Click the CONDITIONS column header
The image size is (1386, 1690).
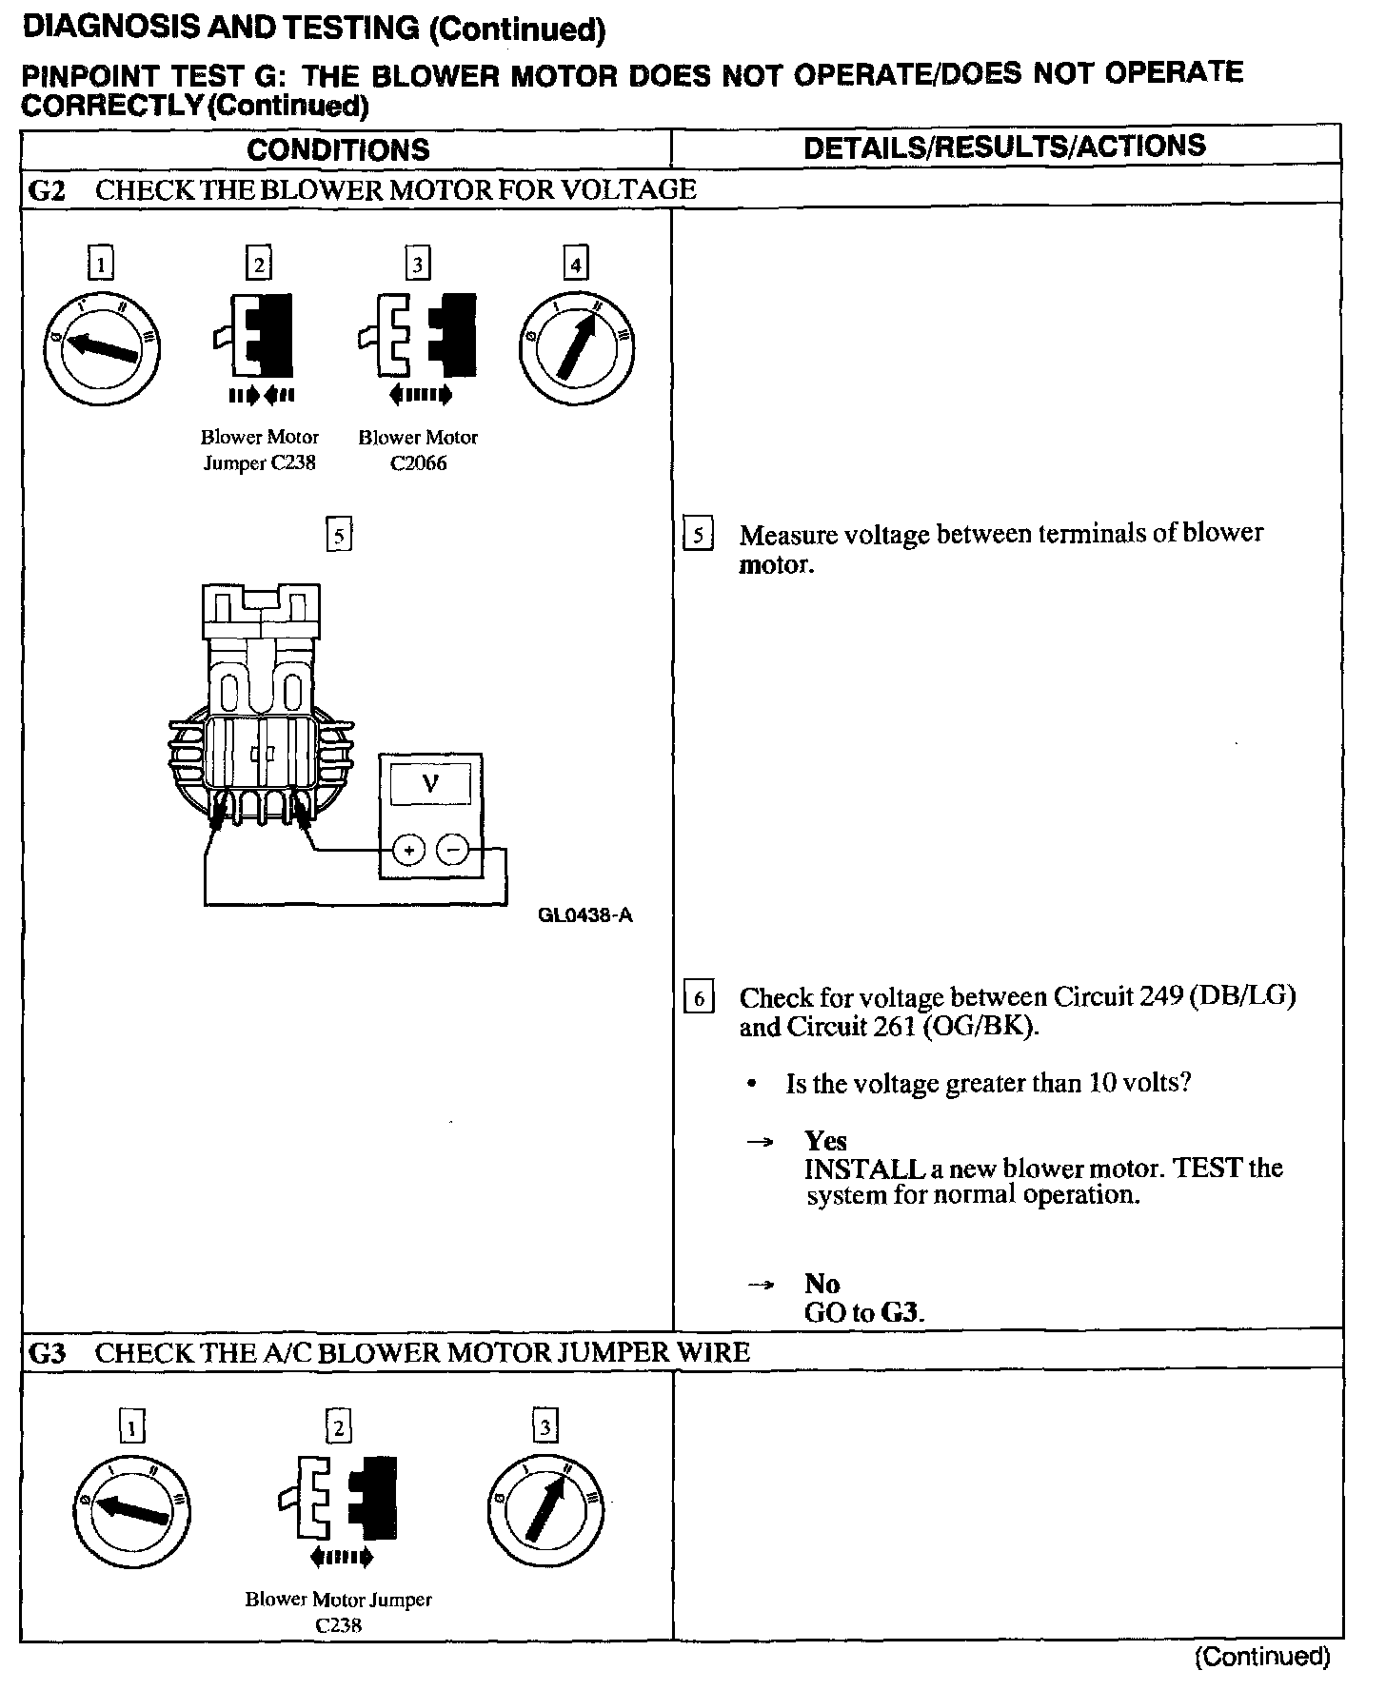[338, 149]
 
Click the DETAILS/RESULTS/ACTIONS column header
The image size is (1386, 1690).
[1004, 147]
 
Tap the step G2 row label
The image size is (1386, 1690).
[47, 189]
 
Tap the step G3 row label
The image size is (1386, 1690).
[47, 1352]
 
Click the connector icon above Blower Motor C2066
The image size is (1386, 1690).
[418, 336]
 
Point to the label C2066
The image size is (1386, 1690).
[418, 463]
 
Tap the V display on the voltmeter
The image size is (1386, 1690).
[430, 784]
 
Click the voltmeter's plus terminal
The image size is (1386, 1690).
[408, 850]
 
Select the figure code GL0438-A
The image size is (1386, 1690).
[585, 915]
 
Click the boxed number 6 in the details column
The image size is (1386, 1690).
[699, 998]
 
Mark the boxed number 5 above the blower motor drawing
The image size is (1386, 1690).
[339, 535]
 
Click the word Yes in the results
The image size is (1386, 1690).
[825, 1140]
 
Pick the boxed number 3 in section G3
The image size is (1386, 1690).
[544, 1426]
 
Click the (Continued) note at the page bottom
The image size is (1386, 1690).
[1261, 1657]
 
